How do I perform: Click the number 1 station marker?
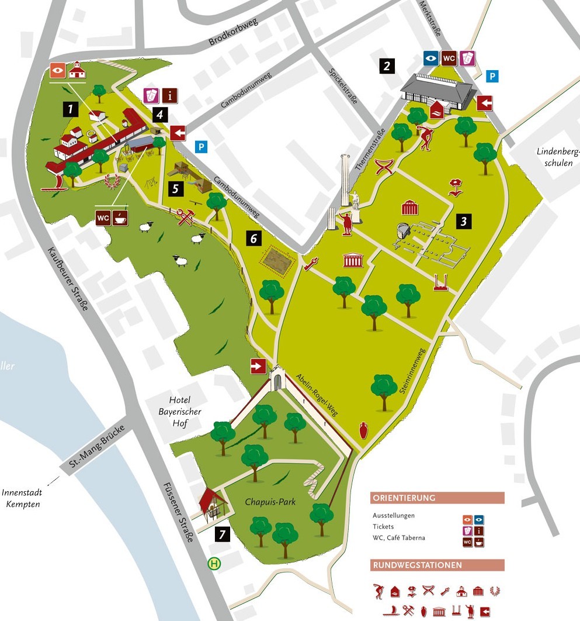[x=71, y=108]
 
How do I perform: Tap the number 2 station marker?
[x=386, y=65]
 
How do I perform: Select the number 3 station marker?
[x=464, y=221]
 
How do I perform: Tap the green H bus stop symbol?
[x=215, y=564]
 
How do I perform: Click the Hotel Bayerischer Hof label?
[x=180, y=412]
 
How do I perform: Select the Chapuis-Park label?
[x=270, y=502]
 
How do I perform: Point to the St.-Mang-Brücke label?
[x=98, y=453]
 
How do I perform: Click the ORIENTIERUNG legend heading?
[x=404, y=498]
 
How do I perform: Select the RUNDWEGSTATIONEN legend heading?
[x=417, y=565]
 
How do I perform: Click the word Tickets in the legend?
[x=383, y=527]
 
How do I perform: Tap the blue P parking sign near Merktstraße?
[x=494, y=76]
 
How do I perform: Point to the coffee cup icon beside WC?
[x=121, y=217]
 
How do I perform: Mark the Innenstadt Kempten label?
[x=22, y=498]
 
